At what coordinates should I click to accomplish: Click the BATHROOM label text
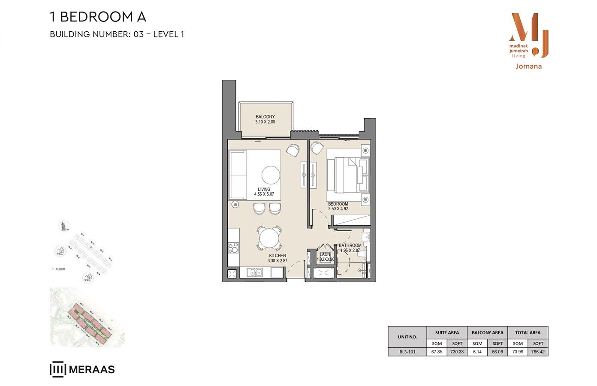(x=350, y=246)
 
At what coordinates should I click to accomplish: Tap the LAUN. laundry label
(x=325, y=255)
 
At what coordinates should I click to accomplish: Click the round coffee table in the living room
(x=271, y=175)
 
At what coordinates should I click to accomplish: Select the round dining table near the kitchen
(x=269, y=238)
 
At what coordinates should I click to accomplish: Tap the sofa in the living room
(x=238, y=175)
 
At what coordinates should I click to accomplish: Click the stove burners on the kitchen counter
(x=233, y=247)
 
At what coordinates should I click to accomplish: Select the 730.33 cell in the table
(x=457, y=352)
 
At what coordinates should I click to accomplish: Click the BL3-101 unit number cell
(x=407, y=352)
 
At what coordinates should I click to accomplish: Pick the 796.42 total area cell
(x=538, y=352)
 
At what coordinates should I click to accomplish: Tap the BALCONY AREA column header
(x=487, y=332)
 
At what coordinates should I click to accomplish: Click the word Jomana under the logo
(x=528, y=66)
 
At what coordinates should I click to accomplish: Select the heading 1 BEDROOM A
(x=98, y=17)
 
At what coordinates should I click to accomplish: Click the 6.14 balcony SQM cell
(x=477, y=352)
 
